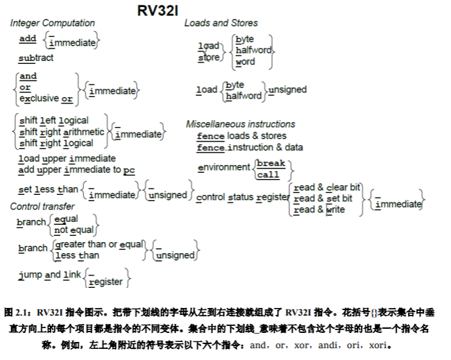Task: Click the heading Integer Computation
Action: coord(52,23)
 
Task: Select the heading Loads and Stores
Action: coord(221,23)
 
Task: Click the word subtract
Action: coord(36,58)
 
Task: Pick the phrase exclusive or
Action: coord(46,98)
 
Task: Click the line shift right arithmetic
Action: coord(62,132)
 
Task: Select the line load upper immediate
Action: coord(67,158)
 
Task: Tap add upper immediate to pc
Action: coord(76,169)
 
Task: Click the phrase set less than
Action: coord(49,189)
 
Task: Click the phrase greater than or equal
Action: coord(99,244)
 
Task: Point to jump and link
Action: coord(50,275)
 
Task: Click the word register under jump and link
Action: coord(105,282)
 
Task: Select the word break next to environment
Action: coord(271,164)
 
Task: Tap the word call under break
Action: coord(268,175)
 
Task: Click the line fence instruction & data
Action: coord(250,147)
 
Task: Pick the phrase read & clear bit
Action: coord(327,187)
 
